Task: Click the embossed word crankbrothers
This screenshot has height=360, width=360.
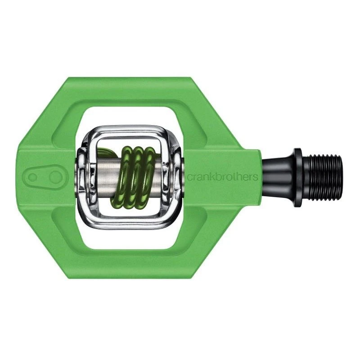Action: pos(223,177)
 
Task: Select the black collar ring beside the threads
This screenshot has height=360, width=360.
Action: pos(298,178)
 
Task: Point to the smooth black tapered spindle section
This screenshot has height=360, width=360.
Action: pos(278,178)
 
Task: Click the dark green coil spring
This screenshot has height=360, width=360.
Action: pos(134,178)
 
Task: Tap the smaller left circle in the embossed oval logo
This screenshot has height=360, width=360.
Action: pos(33,177)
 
